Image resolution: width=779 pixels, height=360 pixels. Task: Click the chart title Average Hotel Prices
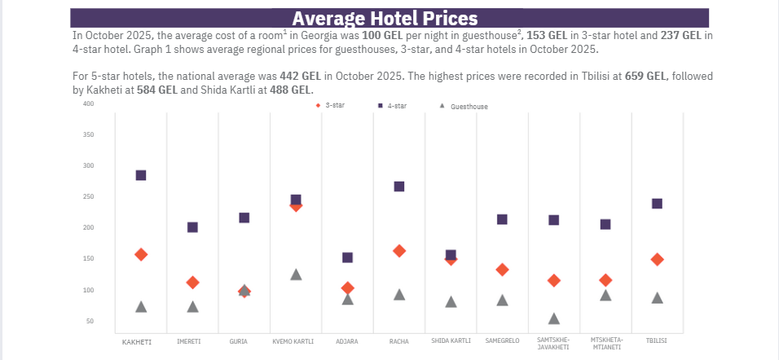(385, 18)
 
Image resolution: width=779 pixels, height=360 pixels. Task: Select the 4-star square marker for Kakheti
(141, 175)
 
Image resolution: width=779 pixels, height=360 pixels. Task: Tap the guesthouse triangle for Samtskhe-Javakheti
(554, 318)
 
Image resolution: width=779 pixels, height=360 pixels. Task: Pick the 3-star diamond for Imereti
(192, 283)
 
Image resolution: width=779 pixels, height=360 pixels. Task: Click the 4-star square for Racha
(399, 187)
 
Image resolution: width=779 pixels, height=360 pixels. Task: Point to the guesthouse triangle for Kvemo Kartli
(296, 274)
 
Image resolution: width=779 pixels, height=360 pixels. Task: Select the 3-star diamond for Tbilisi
(658, 260)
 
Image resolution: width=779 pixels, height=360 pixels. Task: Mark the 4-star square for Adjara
(347, 257)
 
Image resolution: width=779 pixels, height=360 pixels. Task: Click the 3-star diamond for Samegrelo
(502, 270)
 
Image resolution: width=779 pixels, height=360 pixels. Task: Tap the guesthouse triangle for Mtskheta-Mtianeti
(605, 295)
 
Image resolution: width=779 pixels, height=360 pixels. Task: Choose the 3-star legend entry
(330, 105)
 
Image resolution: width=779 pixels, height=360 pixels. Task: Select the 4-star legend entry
(392, 106)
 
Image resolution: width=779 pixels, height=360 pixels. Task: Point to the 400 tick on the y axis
(88, 104)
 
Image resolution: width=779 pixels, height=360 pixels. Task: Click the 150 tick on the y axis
(88, 259)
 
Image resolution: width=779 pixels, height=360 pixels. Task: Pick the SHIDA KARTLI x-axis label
(451, 340)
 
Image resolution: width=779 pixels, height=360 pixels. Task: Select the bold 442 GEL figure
(299, 76)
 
